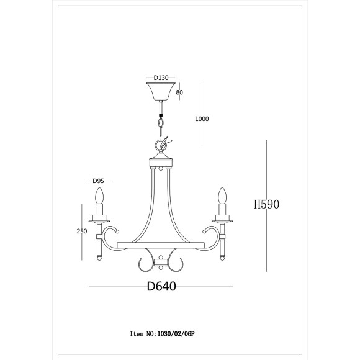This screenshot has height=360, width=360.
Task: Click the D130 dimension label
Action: (161, 78)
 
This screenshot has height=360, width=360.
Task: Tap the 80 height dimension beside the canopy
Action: (179, 92)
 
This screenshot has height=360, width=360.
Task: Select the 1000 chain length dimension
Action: (202, 119)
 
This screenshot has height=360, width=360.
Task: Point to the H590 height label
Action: (266, 204)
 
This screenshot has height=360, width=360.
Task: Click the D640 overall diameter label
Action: (161, 286)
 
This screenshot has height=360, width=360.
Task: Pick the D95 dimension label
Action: (98, 181)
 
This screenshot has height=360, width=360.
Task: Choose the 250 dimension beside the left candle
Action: (82, 231)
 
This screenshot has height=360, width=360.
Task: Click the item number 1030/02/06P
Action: (176, 334)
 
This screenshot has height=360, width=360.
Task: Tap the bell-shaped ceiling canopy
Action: (161, 91)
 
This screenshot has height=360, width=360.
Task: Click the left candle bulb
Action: (99, 196)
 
